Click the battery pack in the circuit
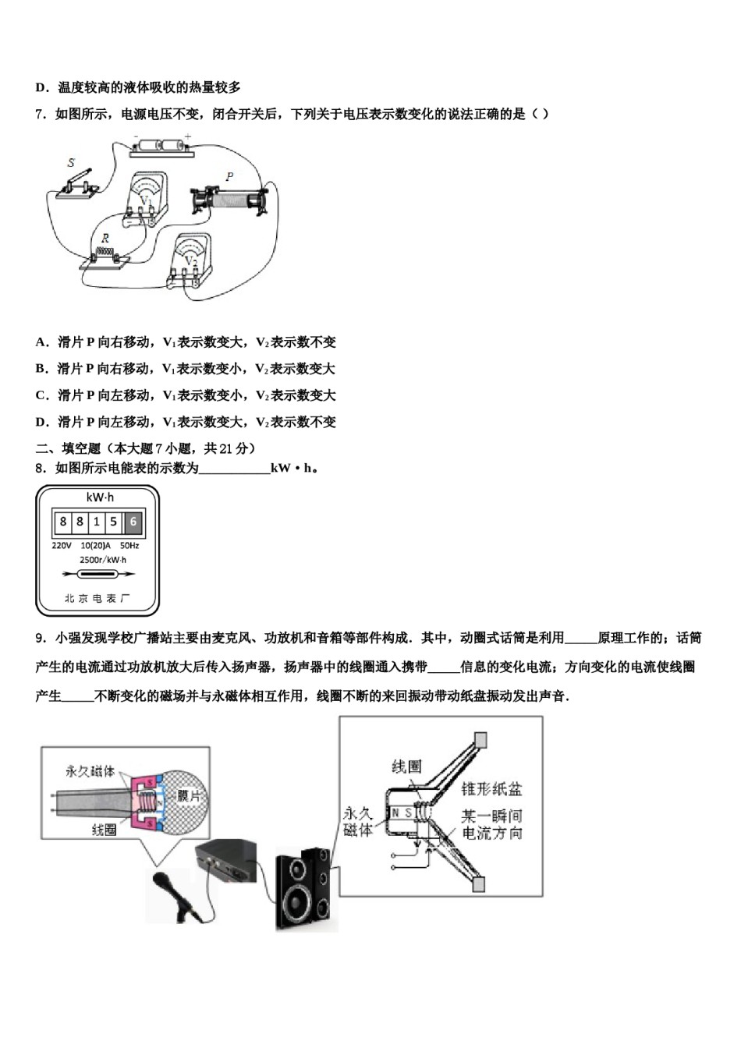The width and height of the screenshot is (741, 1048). click(160, 147)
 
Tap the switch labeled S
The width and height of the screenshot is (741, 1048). click(78, 184)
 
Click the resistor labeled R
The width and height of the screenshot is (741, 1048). click(105, 257)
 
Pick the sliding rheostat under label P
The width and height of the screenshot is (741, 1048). click(230, 200)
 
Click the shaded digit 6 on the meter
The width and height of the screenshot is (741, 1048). click(133, 522)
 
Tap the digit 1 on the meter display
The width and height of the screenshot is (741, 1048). click(96, 522)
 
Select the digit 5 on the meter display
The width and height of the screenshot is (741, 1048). click(114, 522)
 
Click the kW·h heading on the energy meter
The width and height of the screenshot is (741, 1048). click(100, 497)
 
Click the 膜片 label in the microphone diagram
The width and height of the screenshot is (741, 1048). click(189, 795)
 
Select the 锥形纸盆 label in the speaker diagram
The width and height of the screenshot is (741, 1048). click(491, 789)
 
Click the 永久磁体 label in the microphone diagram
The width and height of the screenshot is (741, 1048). click(90, 771)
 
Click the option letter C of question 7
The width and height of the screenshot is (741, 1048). click(41, 395)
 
